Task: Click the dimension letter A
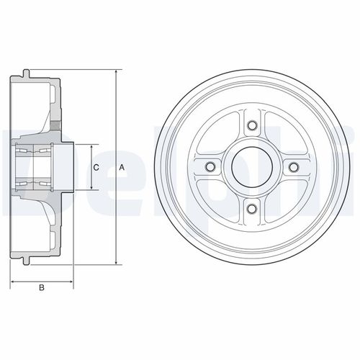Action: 122,167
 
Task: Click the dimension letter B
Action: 42,287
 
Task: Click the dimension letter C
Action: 96,167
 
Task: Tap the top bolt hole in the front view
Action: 252,125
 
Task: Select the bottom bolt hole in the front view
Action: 252,209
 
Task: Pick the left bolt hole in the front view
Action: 210,167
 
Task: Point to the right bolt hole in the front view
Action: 294,167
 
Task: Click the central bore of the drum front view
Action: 252,167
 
